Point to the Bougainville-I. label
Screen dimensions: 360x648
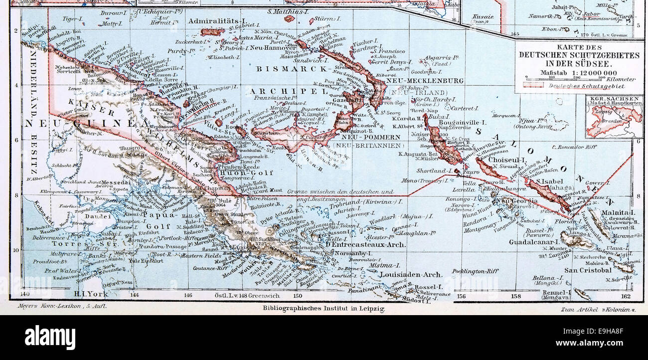pos(468,122)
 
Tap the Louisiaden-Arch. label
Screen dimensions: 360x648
pos(410,274)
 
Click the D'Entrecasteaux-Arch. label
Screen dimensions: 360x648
pos(365,245)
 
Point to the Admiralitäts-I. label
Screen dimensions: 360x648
pos(218,21)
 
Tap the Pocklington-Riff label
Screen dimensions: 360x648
pos(475,271)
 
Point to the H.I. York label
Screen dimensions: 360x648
pos(91,294)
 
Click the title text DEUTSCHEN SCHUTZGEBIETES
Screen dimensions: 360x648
pos(579,55)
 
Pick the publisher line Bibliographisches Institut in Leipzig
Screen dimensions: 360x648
pos(324,309)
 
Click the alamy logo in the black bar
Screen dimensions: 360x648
pos(50,337)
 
